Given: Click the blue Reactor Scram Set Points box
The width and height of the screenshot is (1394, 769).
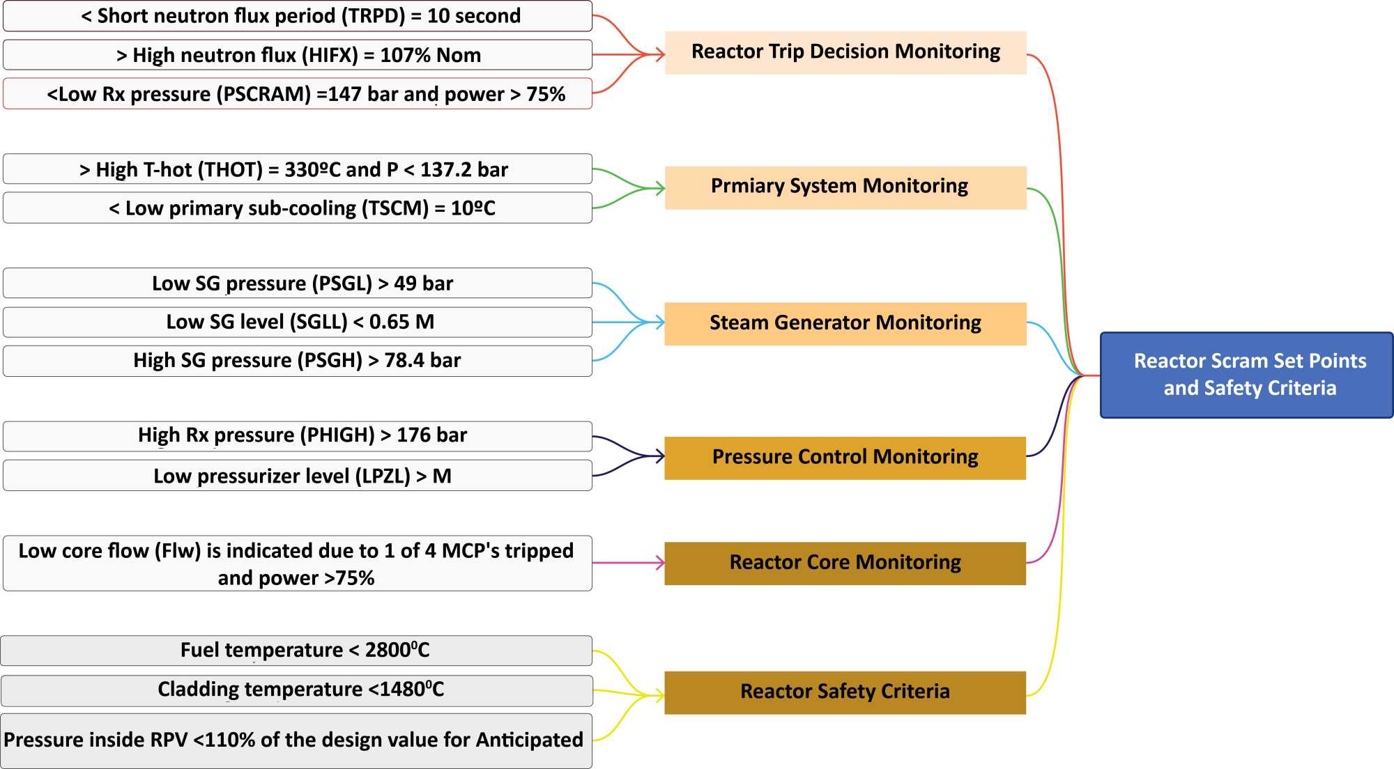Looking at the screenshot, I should tap(1246, 375).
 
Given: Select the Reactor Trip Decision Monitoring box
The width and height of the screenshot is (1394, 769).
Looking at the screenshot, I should tap(845, 52).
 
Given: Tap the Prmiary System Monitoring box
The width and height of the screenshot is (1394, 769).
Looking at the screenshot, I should tap(845, 187).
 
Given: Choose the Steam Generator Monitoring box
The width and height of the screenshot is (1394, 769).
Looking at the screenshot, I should tap(845, 323).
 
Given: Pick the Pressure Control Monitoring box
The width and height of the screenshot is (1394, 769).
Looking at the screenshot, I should tap(845, 458).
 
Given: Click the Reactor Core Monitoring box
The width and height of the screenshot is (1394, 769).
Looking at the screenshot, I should tap(845, 563).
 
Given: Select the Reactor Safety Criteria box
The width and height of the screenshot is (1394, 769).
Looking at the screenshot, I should tap(845, 692).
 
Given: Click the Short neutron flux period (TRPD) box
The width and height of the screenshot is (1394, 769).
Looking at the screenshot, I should tap(298, 16).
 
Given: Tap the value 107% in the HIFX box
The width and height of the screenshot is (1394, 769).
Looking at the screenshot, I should tap(405, 55).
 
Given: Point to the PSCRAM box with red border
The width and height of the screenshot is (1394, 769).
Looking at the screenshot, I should tap(298, 94).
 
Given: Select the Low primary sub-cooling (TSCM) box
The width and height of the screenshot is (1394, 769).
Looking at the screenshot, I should tap(298, 208).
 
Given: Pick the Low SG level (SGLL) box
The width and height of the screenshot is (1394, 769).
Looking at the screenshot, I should tap(298, 322).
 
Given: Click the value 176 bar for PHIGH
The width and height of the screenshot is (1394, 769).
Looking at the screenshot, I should tap(431, 435).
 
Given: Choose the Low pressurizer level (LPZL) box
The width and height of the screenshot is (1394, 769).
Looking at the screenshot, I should tap(298, 476).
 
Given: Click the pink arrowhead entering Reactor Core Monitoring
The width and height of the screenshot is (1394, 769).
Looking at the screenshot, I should tap(660, 563).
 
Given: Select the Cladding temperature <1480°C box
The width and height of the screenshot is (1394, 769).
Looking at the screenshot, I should tap(298, 690).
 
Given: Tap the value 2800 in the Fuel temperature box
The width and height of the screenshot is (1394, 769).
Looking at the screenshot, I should tap(387, 651).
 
